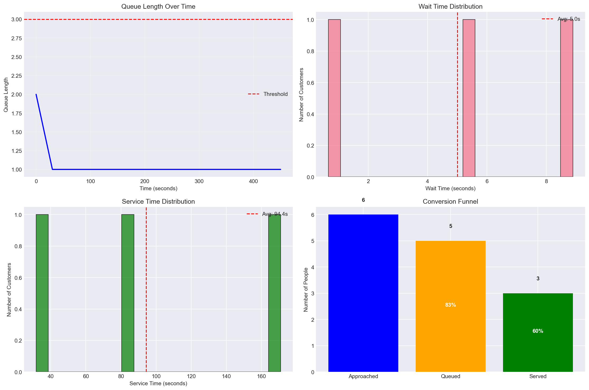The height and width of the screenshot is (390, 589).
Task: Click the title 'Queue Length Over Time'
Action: (x=158, y=7)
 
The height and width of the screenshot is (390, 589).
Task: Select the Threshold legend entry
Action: (x=275, y=94)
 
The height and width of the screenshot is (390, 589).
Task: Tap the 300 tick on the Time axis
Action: (x=199, y=182)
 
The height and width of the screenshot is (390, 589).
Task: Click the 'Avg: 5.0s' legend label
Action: (x=568, y=19)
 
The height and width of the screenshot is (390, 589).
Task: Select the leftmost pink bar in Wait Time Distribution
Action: (x=334, y=98)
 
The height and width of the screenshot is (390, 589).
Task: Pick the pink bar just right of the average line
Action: (x=469, y=98)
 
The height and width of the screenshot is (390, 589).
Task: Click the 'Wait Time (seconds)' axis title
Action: (x=450, y=189)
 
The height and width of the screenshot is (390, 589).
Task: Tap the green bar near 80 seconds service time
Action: (x=128, y=293)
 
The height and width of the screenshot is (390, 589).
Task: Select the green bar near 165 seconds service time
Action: (x=274, y=293)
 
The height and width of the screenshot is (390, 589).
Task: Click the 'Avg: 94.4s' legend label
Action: (x=275, y=214)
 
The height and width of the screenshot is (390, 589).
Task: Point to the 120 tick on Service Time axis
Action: (x=191, y=377)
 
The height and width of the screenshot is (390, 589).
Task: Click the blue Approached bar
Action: (x=363, y=293)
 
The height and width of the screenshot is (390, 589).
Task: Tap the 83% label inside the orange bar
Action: (x=451, y=305)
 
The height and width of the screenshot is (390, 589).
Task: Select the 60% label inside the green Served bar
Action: (x=538, y=331)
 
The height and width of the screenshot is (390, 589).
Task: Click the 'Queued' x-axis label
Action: (x=451, y=377)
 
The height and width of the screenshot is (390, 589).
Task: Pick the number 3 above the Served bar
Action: (x=538, y=279)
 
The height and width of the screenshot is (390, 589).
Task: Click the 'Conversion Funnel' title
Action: (x=450, y=202)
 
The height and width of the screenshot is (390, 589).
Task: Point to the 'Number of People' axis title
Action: (x=306, y=290)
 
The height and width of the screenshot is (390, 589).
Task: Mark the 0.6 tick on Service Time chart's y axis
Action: (x=16, y=278)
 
